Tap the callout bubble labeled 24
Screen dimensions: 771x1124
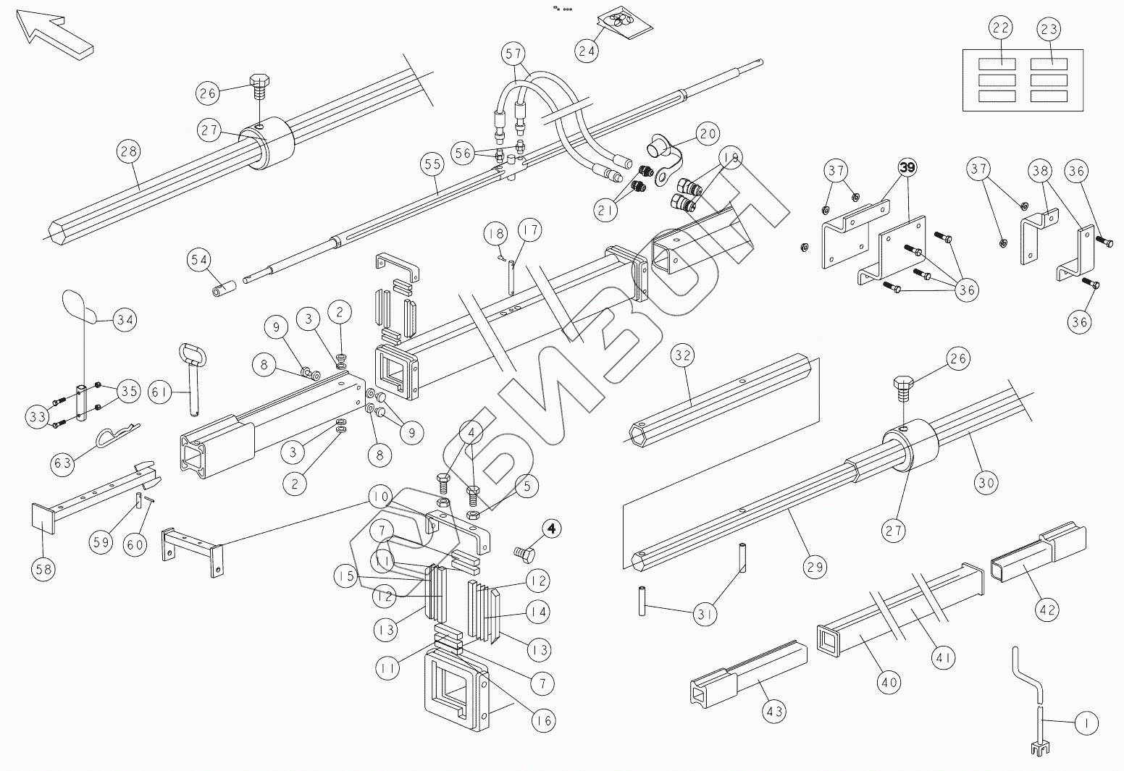click(x=587, y=50)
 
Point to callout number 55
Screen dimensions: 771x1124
click(x=432, y=166)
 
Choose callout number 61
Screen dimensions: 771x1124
click(x=160, y=392)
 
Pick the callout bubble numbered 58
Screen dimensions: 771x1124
click(x=43, y=569)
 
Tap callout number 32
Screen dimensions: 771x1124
click(x=683, y=355)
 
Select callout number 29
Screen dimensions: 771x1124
click(x=815, y=566)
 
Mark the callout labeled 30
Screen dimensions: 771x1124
click(x=987, y=481)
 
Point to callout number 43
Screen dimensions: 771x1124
click(x=775, y=712)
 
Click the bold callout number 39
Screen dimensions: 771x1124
click(x=907, y=167)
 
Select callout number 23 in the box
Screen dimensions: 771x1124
click(x=1049, y=29)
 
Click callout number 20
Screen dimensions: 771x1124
click(x=708, y=135)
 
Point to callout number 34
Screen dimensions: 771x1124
click(x=125, y=319)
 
